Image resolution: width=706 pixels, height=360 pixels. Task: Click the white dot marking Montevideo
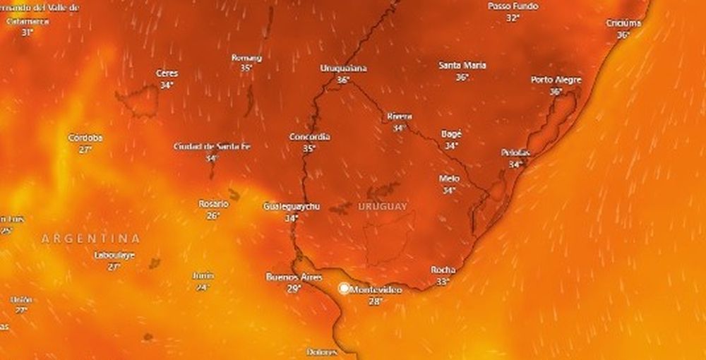tap(344, 289)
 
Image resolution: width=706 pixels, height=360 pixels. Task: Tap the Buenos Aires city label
tap(294, 277)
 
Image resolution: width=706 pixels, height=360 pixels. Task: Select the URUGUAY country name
tap(383, 206)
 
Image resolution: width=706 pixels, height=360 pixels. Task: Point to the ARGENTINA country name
tap(90, 239)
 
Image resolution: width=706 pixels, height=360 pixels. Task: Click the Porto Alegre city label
tap(556, 80)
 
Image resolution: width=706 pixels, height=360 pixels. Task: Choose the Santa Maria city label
tap(462, 66)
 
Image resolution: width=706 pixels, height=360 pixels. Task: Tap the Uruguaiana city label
tap(344, 69)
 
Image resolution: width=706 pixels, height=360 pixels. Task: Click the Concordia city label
tap(309, 137)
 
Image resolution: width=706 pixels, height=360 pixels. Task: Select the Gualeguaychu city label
tap(292, 207)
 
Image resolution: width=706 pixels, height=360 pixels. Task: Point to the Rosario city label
tap(213, 204)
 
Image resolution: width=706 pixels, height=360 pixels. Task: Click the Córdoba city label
tap(85, 138)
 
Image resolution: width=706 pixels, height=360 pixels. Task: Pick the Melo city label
tap(449, 179)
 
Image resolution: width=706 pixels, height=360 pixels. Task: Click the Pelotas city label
tap(515, 153)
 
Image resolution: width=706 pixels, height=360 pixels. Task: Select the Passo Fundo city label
tap(513, 6)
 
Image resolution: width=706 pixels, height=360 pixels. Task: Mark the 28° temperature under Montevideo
tap(375, 301)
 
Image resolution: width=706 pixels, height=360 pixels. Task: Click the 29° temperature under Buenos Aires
tap(294, 289)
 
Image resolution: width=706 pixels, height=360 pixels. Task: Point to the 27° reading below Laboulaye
tap(114, 267)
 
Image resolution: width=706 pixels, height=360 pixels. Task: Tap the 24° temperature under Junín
tap(203, 287)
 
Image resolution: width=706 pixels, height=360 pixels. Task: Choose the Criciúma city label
tap(623, 23)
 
